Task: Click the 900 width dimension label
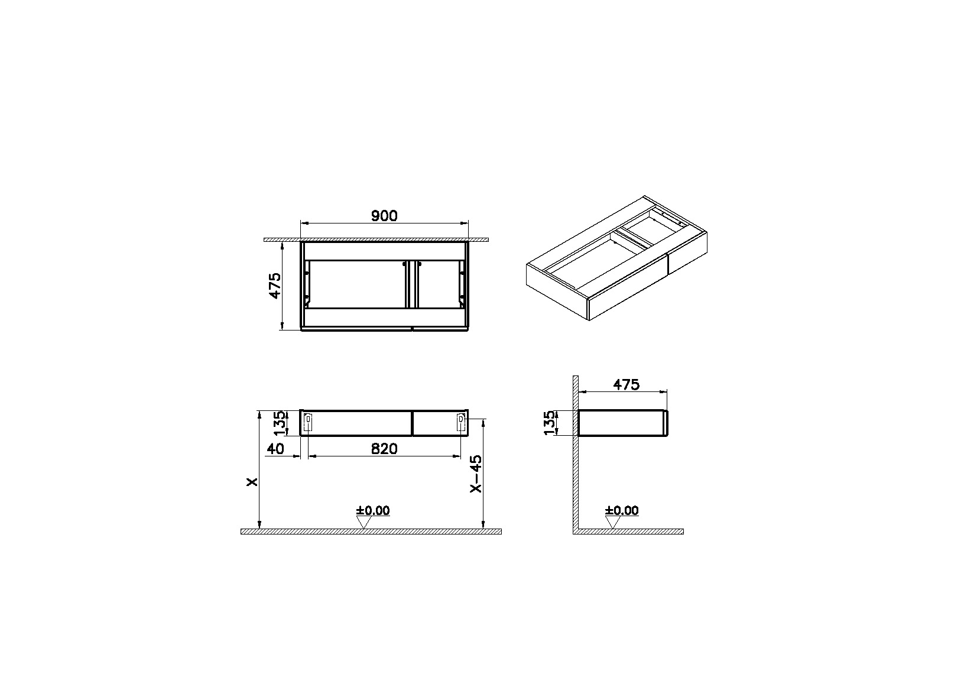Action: point(384,216)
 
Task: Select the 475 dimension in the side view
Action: point(626,384)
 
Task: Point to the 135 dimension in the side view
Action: point(550,423)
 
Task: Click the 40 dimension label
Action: point(275,449)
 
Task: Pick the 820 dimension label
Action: point(384,449)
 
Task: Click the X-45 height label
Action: point(475,473)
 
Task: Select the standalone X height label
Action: point(252,482)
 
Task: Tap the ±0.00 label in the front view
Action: point(373,510)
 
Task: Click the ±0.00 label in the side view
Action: point(622,510)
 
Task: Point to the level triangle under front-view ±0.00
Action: point(363,523)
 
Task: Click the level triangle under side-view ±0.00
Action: point(613,523)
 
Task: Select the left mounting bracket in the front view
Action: point(308,422)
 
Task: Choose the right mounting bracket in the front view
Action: point(461,422)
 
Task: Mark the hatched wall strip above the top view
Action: point(376,239)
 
